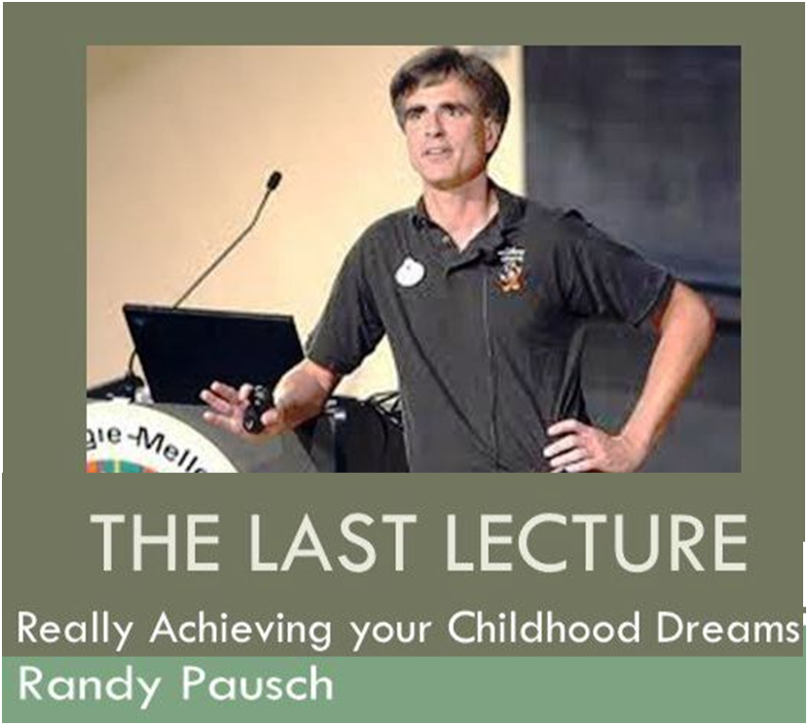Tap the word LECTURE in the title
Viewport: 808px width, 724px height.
tap(596, 542)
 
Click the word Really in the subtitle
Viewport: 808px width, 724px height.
tap(75, 631)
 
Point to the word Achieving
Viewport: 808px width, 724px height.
tap(240, 631)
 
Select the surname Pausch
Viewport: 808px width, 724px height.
tap(257, 684)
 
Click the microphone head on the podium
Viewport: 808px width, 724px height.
tap(274, 180)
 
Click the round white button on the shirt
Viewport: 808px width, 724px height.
tap(410, 272)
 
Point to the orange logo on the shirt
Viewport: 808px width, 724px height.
tap(512, 277)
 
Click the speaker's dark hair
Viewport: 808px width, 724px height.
tap(449, 77)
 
